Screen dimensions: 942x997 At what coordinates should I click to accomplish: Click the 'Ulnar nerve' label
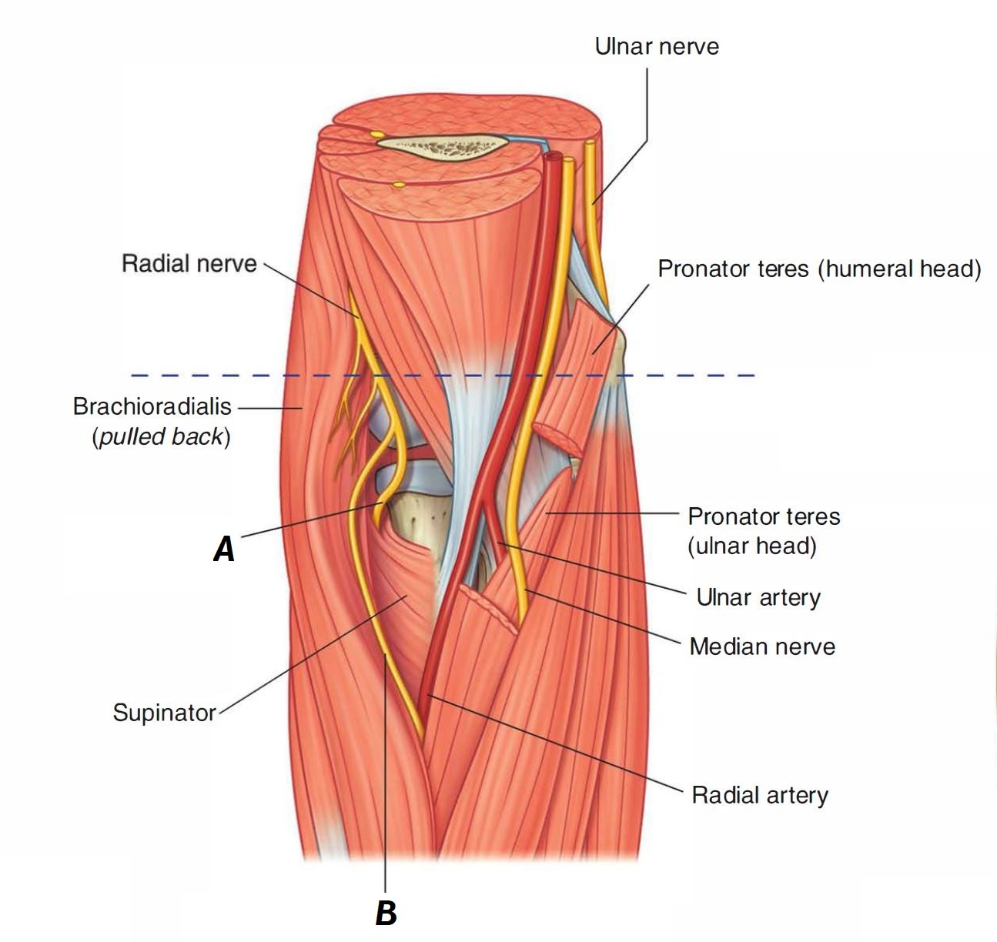point(657,46)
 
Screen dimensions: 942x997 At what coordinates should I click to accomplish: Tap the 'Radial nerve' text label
point(189,264)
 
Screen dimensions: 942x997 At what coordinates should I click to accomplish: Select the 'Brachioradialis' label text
point(152,406)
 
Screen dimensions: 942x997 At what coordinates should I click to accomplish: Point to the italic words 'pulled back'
point(161,436)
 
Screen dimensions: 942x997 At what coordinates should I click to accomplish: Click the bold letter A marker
point(223,549)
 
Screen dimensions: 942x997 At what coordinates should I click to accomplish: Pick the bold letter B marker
point(386,914)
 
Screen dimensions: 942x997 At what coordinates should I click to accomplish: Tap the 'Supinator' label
point(164,713)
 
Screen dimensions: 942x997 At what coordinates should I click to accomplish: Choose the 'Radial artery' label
point(759,795)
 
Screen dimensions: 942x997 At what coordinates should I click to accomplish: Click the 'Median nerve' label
point(761,646)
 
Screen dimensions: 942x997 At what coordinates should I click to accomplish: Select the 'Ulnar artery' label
point(758,597)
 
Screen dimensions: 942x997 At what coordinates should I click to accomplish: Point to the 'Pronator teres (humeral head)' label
point(819,269)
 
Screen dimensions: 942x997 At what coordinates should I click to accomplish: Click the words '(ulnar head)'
point(751,546)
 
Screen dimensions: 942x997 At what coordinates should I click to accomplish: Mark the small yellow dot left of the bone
point(377,134)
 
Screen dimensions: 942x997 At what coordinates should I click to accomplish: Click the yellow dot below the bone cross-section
point(398,185)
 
